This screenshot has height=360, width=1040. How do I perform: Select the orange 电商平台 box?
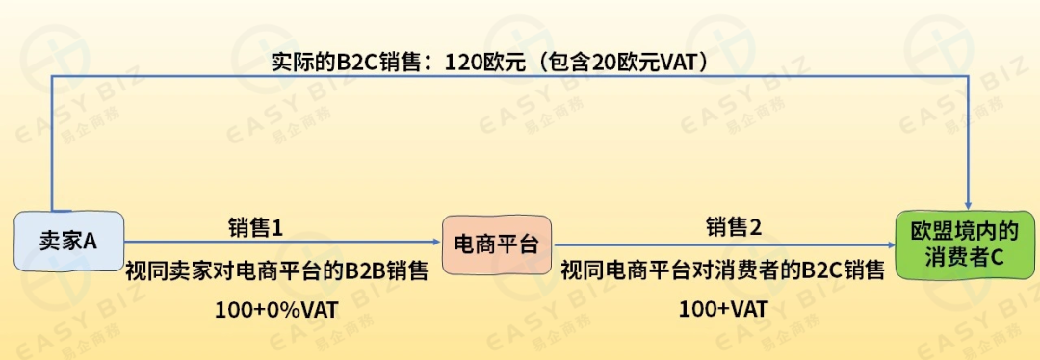[496, 242]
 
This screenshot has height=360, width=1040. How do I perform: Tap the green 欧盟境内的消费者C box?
[965, 244]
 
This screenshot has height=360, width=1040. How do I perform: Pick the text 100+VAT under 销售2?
[722, 310]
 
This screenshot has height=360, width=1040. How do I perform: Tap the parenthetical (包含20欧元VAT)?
[625, 63]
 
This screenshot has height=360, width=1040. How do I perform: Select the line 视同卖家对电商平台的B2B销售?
[276, 270]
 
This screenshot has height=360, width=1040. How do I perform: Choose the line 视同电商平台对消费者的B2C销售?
[722, 270]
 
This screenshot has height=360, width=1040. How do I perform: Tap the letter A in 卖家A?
[91, 241]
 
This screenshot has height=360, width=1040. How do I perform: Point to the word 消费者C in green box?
[965, 258]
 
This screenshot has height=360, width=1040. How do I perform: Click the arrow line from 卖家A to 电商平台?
[279, 243]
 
